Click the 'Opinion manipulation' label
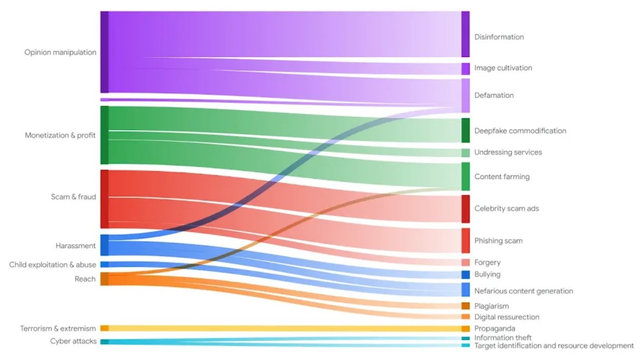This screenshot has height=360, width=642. [x=60, y=53]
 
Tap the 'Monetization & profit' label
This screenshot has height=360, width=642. [x=60, y=135]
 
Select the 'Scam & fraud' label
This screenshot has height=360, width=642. [x=73, y=197]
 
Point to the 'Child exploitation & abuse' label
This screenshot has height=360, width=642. [x=53, y=265]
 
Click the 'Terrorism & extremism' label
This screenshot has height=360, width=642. [x=58, y=328]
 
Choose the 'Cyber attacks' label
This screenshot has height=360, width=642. [x=73, y=341]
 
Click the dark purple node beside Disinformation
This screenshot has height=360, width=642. [x=465, y=34]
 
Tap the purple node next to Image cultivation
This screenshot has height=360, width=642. [x=465, y=69]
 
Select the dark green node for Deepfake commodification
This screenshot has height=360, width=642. [x=465, y=131]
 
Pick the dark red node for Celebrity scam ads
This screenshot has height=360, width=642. [x=465, y=208]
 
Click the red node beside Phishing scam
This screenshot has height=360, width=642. [x=465, y=241]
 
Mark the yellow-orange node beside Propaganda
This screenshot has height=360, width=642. [x=465, y=328]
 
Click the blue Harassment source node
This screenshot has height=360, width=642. [x=104, y=245]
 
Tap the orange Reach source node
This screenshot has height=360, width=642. [x=104, y=279]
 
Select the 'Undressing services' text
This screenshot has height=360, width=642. [x=508, y=153]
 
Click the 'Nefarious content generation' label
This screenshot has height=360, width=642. [x=523, y=291]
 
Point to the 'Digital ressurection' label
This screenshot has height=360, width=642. [x=507, y=317]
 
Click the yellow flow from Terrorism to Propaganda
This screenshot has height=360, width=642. [x=280, y=328]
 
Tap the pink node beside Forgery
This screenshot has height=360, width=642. [x=465, y=262]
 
